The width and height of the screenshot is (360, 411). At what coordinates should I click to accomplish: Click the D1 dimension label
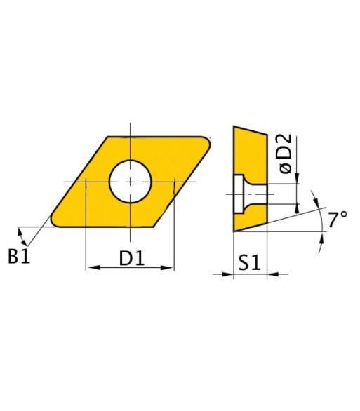132,258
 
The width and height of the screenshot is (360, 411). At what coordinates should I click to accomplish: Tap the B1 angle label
19,256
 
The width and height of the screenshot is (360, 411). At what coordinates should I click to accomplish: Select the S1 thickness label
249,262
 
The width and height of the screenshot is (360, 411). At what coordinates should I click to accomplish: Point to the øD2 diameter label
286,154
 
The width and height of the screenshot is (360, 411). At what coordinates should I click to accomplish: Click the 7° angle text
338,220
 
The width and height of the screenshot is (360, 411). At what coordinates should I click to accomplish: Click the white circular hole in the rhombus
131,182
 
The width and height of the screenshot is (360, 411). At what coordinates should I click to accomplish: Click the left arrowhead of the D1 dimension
93,268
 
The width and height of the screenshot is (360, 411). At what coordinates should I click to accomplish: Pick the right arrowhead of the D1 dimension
167,268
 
